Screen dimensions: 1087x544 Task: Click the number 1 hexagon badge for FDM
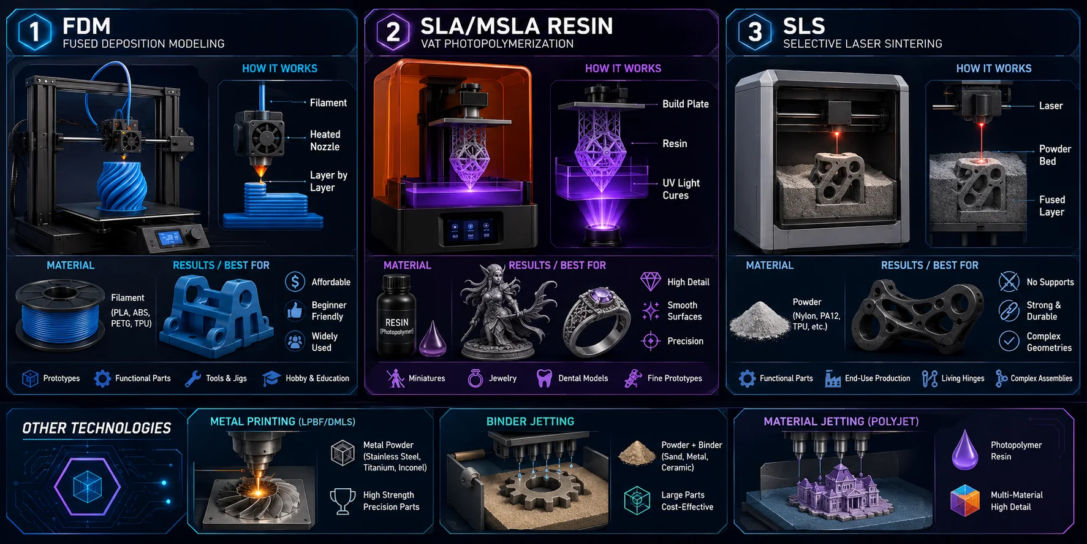[x=34, y=31]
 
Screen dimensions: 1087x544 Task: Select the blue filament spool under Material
[x=59, y=315]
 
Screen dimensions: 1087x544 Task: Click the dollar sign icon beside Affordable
[x=295, y=282]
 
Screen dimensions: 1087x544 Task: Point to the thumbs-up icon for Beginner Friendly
[x=295, y=310]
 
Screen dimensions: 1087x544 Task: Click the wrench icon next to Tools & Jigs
[x=193, y=378]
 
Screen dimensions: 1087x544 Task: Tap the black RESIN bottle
[x=396, y=315]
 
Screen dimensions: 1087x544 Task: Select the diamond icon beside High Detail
[x=650, y=282]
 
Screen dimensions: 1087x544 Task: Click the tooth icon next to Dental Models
[x=543, y=378]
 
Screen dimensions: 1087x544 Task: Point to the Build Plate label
[x=686, y=104]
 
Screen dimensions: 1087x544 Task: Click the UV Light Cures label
[x=681, y=189]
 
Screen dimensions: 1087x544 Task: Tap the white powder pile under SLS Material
[x=759, y=320]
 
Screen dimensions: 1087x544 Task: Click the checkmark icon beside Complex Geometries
[x=1009, y=341]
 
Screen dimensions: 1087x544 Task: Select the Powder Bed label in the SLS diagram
[x=1055, y=155]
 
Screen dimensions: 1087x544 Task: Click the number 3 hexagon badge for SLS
[x=755, y=31]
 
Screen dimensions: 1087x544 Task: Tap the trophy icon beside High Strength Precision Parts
[x=343, y=500]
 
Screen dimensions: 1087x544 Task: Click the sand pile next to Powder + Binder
[x=637, y=453]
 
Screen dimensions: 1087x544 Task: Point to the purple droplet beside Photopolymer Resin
[x=965, y=450]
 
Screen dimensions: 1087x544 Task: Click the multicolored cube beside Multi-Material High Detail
[x=965, y=500]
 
